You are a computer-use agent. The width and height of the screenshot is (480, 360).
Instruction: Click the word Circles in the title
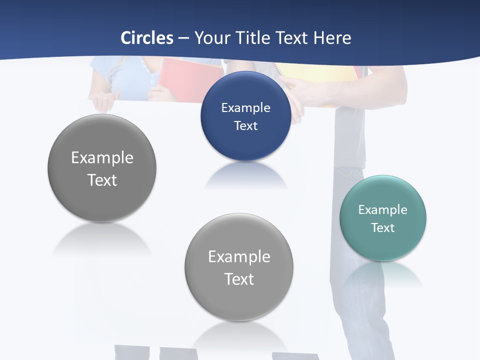[x=147, y=38]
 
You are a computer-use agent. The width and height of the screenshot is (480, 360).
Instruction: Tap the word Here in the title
[x=332, y=38]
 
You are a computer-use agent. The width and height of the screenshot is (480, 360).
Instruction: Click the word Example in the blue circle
[x=245, y=107]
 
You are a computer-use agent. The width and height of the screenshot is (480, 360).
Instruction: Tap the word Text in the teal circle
[x=382, y=227]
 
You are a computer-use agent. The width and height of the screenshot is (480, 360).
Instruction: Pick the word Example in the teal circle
[x=382, y=209]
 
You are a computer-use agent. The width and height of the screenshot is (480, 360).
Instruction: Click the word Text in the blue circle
[x=245, y=125]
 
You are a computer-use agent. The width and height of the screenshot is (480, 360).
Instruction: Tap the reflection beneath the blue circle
[x=245, y=175]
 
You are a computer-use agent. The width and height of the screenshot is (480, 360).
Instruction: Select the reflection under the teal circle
[x=382, y=275]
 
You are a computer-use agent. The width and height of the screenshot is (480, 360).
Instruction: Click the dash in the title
[x=183, y=38]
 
